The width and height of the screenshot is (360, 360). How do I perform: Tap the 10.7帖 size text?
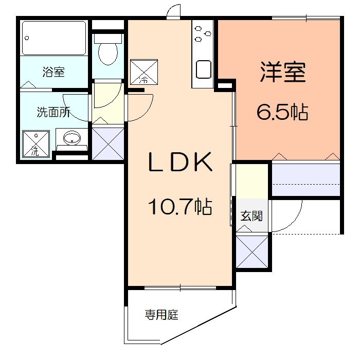point(180,207)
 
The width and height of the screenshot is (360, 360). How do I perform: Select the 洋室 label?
point(282,73)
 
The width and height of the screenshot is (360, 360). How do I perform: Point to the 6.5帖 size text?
point(282,111)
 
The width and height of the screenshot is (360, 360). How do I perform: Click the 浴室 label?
point(53,72)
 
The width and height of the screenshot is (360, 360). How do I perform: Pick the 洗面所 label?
point(53,113)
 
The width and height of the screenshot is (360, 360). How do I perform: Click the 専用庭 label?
point(161,315)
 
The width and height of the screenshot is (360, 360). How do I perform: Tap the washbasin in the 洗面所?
point(71,138)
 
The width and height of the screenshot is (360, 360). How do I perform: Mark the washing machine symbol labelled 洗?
point(35,143)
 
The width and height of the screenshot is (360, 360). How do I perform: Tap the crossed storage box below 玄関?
point(253,252)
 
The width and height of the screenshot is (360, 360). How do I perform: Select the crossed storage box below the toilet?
point(108,143)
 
